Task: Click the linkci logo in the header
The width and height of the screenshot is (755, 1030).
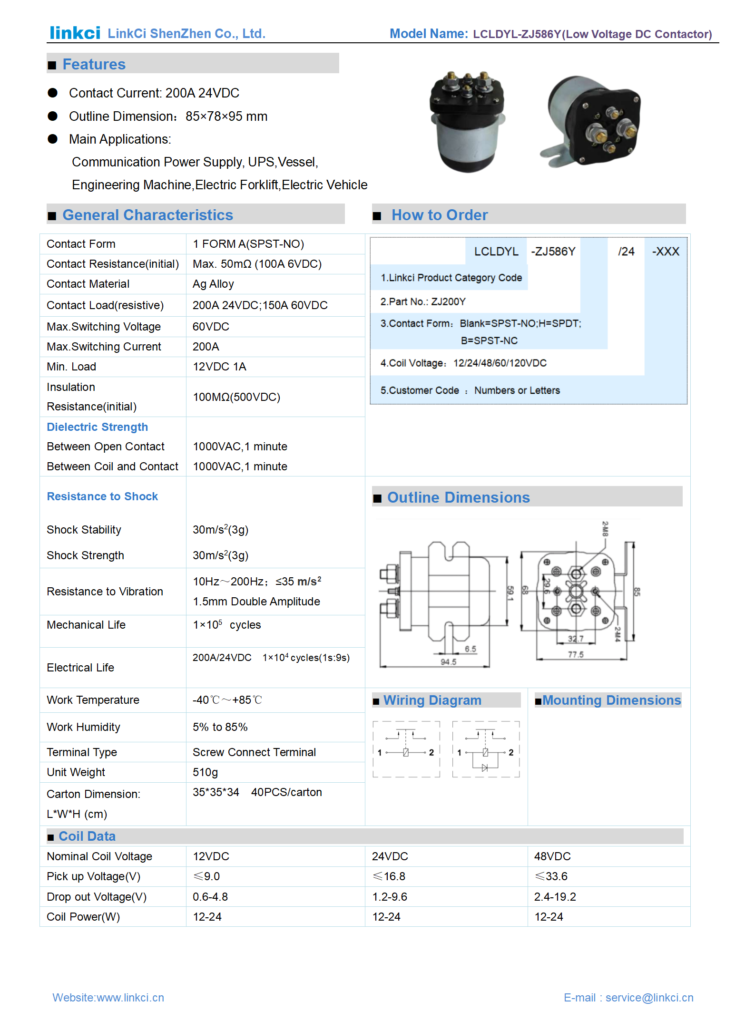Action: [x=75, y=33]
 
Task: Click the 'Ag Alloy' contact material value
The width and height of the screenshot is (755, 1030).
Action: [x=213, y=284]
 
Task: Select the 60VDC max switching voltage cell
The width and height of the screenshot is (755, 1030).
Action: [x=211, y=327]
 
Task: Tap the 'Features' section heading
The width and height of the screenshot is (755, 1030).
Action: [x=94, y=64]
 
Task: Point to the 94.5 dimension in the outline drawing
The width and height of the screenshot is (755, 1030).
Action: [x=448, y=662]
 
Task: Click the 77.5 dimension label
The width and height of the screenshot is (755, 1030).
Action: [x=575, y=655]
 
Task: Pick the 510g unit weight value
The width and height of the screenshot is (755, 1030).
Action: [x=205, y=772]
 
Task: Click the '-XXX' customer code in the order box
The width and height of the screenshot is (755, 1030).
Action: [x=665, y=252]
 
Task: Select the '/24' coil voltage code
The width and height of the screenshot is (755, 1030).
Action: [x=626, y=252]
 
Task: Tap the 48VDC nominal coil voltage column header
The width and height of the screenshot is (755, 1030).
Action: [x=552, y=856]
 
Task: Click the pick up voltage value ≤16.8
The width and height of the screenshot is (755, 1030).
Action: [x=390, y=876]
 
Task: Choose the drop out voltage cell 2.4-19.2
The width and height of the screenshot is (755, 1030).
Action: [x=555, y=897]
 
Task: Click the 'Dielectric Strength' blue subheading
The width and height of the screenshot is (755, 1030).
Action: [x=97, y=427]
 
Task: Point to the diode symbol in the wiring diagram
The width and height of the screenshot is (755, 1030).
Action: [x=485, y=768]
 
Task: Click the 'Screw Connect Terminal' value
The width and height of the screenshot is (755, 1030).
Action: [x=254, y=752]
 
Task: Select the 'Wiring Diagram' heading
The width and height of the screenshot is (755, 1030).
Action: [x=432, y=700]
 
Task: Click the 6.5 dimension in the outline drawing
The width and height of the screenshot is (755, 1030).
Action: [x=470, y=649]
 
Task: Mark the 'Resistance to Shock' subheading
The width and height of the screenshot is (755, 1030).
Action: [x=102, y=496]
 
